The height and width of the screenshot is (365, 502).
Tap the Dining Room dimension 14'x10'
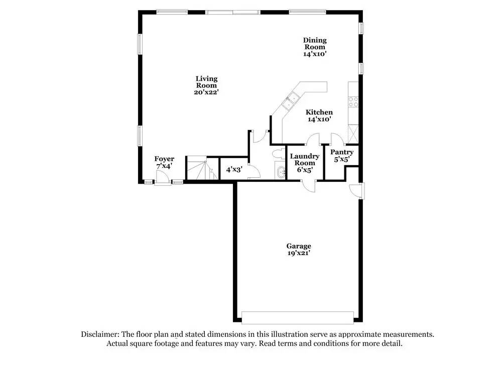pos(315,54)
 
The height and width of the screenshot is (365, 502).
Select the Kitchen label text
pos(319,112)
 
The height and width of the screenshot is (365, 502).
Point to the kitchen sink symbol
pos(291,101)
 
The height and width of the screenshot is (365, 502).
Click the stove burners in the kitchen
pos(354,102)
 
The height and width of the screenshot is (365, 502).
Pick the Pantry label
pos(342,152)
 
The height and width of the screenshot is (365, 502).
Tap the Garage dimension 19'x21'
pos(299,254)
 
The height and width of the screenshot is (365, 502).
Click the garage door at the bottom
pos(298,317)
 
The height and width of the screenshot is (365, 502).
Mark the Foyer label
pos(164,159)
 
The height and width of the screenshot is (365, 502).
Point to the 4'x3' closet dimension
pos(234,170)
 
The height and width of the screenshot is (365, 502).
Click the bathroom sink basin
pos(279,172)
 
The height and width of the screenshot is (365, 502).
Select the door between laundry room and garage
pos(309,185)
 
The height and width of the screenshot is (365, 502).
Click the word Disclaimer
pos(98,334)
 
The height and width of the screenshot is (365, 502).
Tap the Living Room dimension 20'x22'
pos(206,92)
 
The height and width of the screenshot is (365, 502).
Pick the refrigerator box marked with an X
pos(352,133)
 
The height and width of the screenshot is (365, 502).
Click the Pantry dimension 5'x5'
pos(342,160)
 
